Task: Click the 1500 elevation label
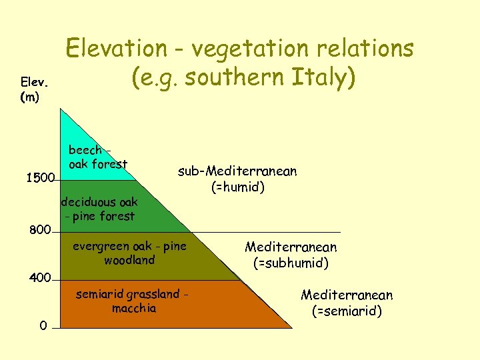click(x=39, y=179)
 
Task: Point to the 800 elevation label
click(x=39, y=231)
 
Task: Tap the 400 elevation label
click(x=39, y=277)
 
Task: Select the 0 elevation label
click(x=43, y=326)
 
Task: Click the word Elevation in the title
click(x=116, y=48)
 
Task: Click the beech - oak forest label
click(x=97, y=157)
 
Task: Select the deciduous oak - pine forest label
click(x=99, y=209)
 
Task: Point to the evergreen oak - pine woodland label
click(x=129, y=253)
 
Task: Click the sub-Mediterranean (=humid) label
click(x=237, y=179)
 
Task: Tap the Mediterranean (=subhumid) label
click(x=291, y=255)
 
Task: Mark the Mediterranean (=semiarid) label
click(x=347, y=303)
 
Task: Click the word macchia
click(x=134, y=308)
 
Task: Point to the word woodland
click(x=129, y=260)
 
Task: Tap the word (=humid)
click(x=238, y=187)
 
